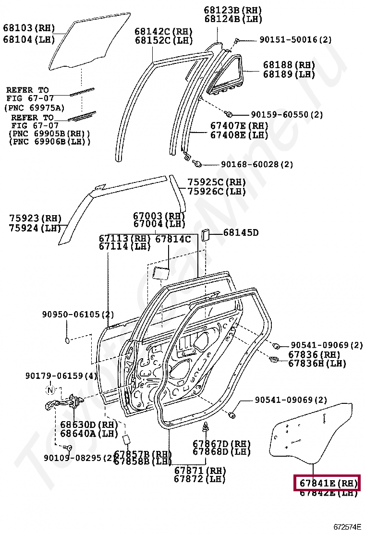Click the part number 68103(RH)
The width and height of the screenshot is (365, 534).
coord(29,27)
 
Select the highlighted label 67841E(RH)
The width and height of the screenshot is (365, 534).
coord(327,483)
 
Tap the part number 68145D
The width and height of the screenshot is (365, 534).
coord(241,233)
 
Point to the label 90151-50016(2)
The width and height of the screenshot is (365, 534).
coord(295,40)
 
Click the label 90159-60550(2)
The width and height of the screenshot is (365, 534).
coord(287,115)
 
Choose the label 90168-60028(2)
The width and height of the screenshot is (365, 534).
coord(257,164)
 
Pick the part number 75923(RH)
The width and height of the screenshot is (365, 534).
coord(35,218)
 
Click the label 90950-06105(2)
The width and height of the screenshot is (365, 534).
coord(78,315)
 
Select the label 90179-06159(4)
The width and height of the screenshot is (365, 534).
coord(61,376)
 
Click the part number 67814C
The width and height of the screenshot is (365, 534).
coord(173,239)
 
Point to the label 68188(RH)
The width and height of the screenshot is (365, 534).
coord(289,65)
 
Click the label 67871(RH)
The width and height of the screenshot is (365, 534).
coord(199,470)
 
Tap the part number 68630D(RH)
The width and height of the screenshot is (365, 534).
coord(89,425)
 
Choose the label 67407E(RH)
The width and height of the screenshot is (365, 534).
coord(239,126)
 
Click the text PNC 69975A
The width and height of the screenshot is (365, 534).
coord(34,108)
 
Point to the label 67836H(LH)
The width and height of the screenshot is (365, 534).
coord(317,364)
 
